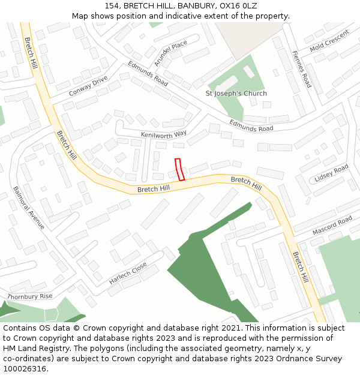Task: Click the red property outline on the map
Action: coord(179,169)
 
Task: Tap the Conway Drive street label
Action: coord(88,86)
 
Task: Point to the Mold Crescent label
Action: coord(329,40)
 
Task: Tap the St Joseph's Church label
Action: coord(236,94)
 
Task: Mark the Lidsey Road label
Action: coord(331,174)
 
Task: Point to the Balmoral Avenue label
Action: coord(29,207)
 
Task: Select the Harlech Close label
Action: coord(128,272)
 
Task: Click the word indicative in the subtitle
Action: coord(178,16)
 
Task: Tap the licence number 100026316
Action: coord(25,369)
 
